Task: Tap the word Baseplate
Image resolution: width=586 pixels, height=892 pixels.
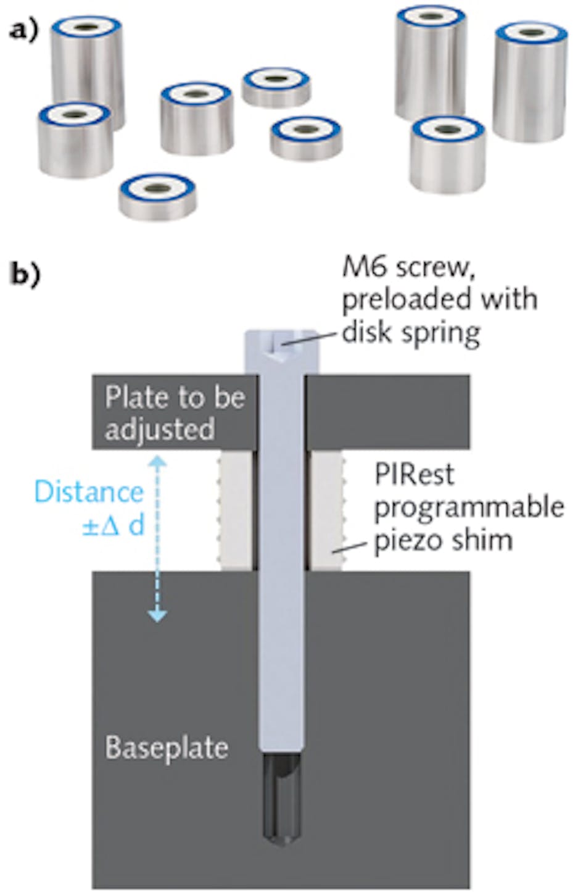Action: coord(167,748)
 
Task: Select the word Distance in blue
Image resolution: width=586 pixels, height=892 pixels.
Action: coord(89,492)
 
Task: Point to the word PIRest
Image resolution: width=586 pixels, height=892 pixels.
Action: coord(414,475)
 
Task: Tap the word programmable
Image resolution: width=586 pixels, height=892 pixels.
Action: coord(469,507)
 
